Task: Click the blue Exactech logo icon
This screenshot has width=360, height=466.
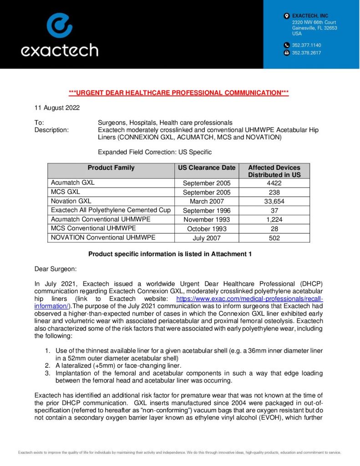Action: (x=59, y=25)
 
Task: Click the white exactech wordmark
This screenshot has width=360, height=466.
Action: (x=59, y=50)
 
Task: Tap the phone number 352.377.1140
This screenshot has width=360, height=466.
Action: (x=306, y=45)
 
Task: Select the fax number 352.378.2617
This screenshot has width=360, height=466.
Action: (x=306, y=53)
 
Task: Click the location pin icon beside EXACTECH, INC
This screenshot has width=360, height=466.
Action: (x=286, y=16)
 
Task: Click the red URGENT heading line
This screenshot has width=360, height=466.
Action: (x=179, y=93)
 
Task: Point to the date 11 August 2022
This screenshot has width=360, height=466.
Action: (x=57, y=108)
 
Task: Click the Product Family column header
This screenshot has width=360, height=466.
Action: (x=111, y=167)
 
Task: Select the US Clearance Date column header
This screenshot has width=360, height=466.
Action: (x=206, y=167)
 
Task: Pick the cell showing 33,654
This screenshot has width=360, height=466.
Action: (x=274, y=201)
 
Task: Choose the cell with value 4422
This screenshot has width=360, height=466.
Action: (x=274, y=183)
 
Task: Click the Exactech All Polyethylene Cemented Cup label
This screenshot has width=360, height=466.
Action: (x=111, y=210)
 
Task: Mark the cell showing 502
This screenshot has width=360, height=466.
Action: (x=274, y=238)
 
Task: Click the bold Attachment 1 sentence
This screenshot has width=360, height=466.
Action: (x=170, y=254)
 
